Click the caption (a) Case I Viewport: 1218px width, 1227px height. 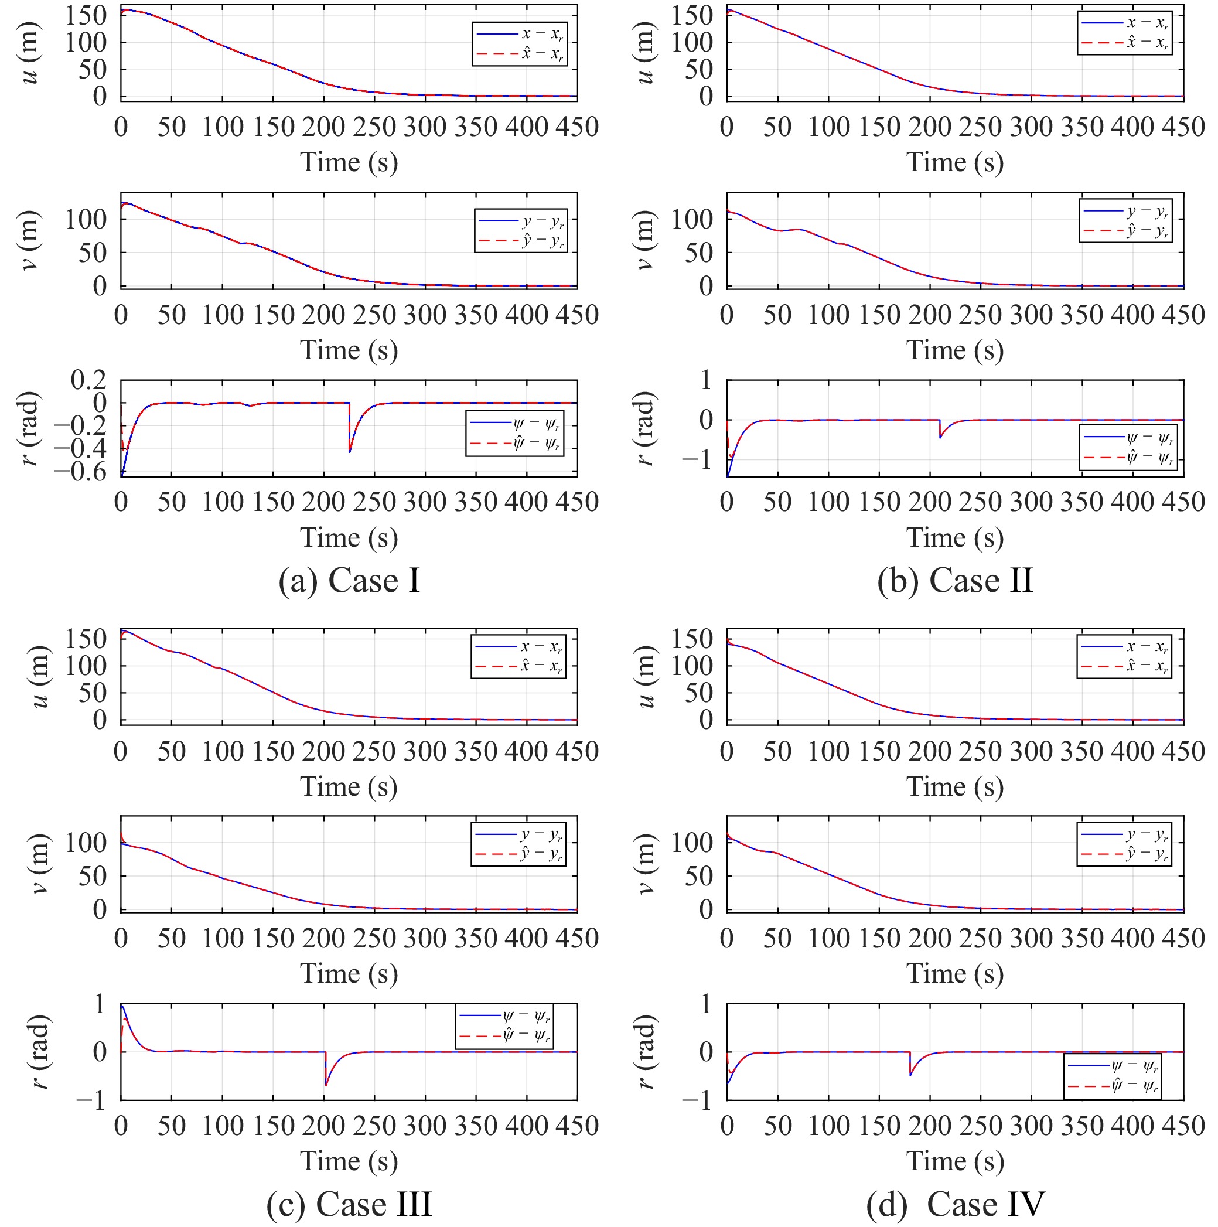tap(349, 581)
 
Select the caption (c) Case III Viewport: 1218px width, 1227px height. tap(349, 1204)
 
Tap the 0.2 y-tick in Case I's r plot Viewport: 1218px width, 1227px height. tap(88, 380)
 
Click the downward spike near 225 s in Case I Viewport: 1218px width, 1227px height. tap(349, 451)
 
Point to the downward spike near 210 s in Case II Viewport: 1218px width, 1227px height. tap(940, 437)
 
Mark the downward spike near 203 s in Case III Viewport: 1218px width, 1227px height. tap(326, 1085)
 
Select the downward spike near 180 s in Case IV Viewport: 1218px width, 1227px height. tap(910, 1075)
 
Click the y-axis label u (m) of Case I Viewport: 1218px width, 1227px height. tap(29, 53)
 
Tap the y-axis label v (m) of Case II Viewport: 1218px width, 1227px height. tap(644, 240)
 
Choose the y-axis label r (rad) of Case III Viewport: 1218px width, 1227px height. tap(39, 1052)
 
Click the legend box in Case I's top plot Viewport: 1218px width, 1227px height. tap(520, 44)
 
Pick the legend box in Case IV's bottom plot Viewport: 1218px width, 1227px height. tap(1113, 1076)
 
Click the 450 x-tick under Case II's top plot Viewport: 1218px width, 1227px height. tap(1183, 127)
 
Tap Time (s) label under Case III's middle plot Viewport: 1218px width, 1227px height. tap(349, 974)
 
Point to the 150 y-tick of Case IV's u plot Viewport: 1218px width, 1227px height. tap(692, 639)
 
